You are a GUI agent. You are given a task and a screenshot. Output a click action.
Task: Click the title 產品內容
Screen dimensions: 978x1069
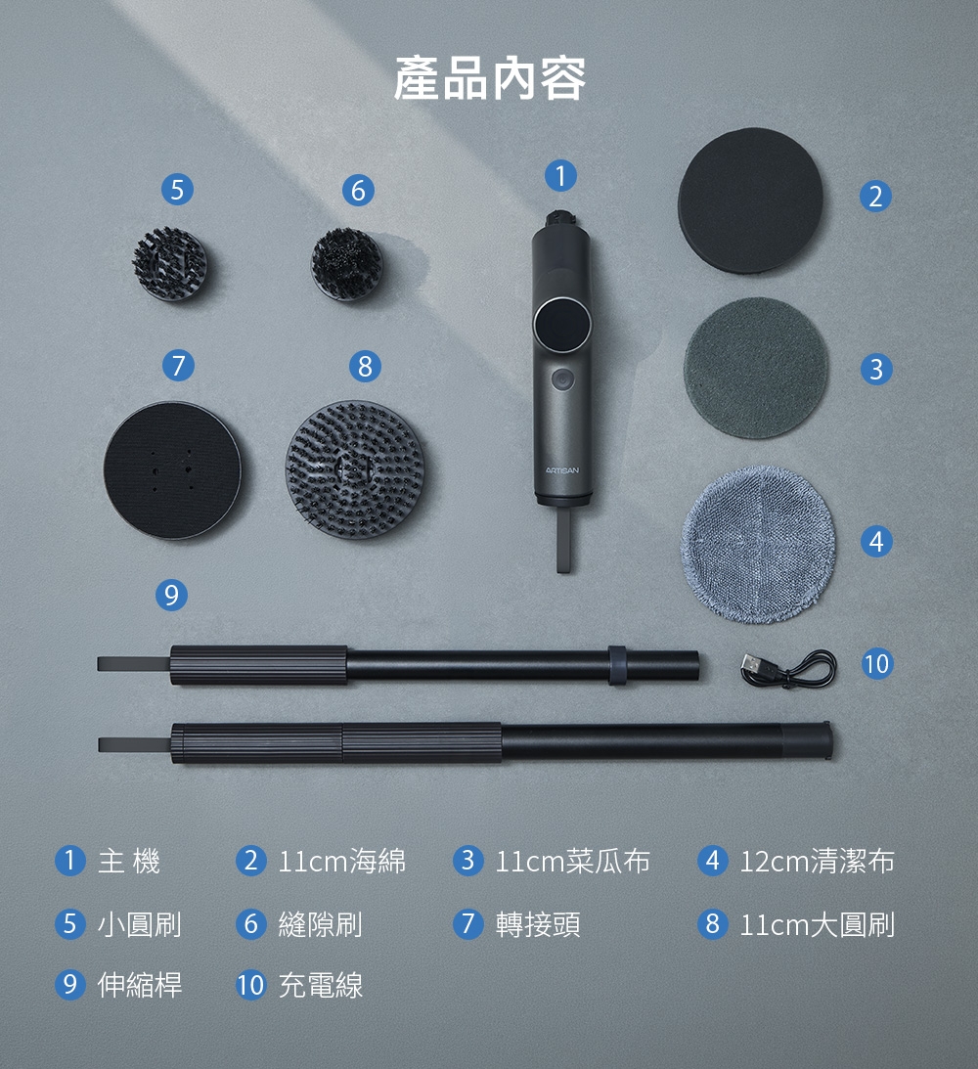pos(489,79)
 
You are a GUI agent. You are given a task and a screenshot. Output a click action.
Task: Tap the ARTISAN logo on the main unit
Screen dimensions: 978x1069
pos(562,470)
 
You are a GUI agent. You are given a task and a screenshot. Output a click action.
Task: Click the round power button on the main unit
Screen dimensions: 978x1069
pos(563,379)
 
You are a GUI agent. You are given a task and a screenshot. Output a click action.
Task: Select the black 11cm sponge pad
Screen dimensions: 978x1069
pos(750,200)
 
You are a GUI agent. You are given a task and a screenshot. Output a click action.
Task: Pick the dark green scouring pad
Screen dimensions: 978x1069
pos(756,368)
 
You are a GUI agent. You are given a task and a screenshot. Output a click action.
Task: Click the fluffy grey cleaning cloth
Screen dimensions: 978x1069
pos(758,544)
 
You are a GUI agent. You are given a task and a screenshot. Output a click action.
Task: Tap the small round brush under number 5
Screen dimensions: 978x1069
pos(169,264)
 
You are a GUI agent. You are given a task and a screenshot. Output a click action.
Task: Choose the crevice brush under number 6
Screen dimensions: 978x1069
pos(347,264)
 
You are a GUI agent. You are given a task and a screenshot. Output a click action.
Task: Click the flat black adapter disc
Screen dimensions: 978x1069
pos(172,470)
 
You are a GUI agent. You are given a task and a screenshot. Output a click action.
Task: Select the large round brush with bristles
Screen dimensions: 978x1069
pos(355,469)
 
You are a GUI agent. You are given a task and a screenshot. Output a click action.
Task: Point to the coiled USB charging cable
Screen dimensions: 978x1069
pos(788,668)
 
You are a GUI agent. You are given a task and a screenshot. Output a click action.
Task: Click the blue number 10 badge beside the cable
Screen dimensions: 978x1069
pos(876,663)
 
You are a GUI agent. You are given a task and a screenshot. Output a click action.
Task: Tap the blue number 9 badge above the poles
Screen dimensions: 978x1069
pos(171,596)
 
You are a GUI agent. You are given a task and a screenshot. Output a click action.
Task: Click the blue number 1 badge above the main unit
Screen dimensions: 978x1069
pos(561,176)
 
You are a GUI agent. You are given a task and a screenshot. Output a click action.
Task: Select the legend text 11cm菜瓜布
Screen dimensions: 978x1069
pos(572,861)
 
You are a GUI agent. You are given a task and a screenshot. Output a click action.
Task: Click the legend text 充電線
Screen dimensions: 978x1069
pos(321,985)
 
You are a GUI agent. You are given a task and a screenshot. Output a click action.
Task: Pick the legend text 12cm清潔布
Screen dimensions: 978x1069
pos(818,861)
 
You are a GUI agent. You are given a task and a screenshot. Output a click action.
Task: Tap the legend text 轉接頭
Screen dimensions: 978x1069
pos(539,924)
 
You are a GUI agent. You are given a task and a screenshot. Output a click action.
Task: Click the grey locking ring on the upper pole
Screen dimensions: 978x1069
pos(617,665)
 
